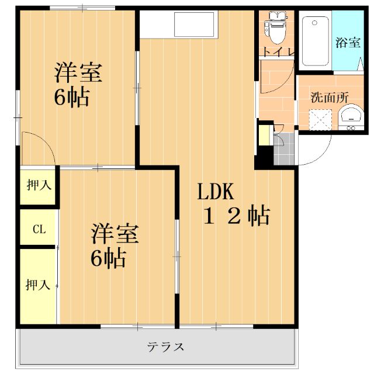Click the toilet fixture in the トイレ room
click(277, 28)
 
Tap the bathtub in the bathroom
click(316, 41)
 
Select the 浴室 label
click(348, 43)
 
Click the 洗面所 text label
click(330, 98)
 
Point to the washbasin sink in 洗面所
click(351, 117)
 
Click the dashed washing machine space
click(320, 120)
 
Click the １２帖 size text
click(237, 216)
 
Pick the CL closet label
click(39, 229)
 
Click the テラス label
click(165, 347)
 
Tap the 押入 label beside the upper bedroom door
click(39, 185)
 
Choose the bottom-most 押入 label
click(38, 285)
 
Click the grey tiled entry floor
click(284, 148)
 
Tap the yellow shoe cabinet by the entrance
click(264, 135)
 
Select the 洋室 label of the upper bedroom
click(78, 72)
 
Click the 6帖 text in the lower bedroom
click(108, 258)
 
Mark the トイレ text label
click(278, 51)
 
